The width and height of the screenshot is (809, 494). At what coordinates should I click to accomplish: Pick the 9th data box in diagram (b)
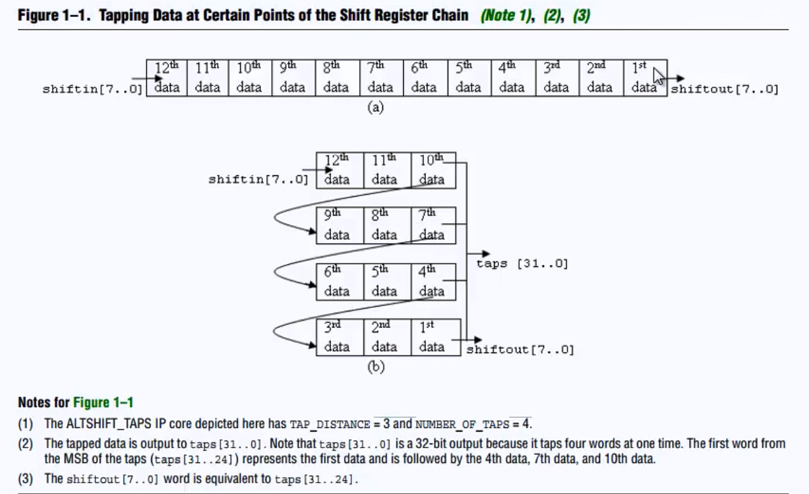point(337,225)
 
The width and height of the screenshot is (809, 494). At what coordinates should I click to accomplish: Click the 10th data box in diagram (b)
point(432,170)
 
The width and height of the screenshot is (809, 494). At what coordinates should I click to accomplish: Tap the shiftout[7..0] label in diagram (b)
point(520,350)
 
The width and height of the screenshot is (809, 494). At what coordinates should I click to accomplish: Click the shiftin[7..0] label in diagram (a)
point(93,89)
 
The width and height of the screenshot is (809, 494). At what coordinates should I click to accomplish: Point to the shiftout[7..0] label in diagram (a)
point(724,89)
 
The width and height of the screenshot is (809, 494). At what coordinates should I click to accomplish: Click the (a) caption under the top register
point(376,107)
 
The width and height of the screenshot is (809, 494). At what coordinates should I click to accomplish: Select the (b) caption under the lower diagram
point(376,367)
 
